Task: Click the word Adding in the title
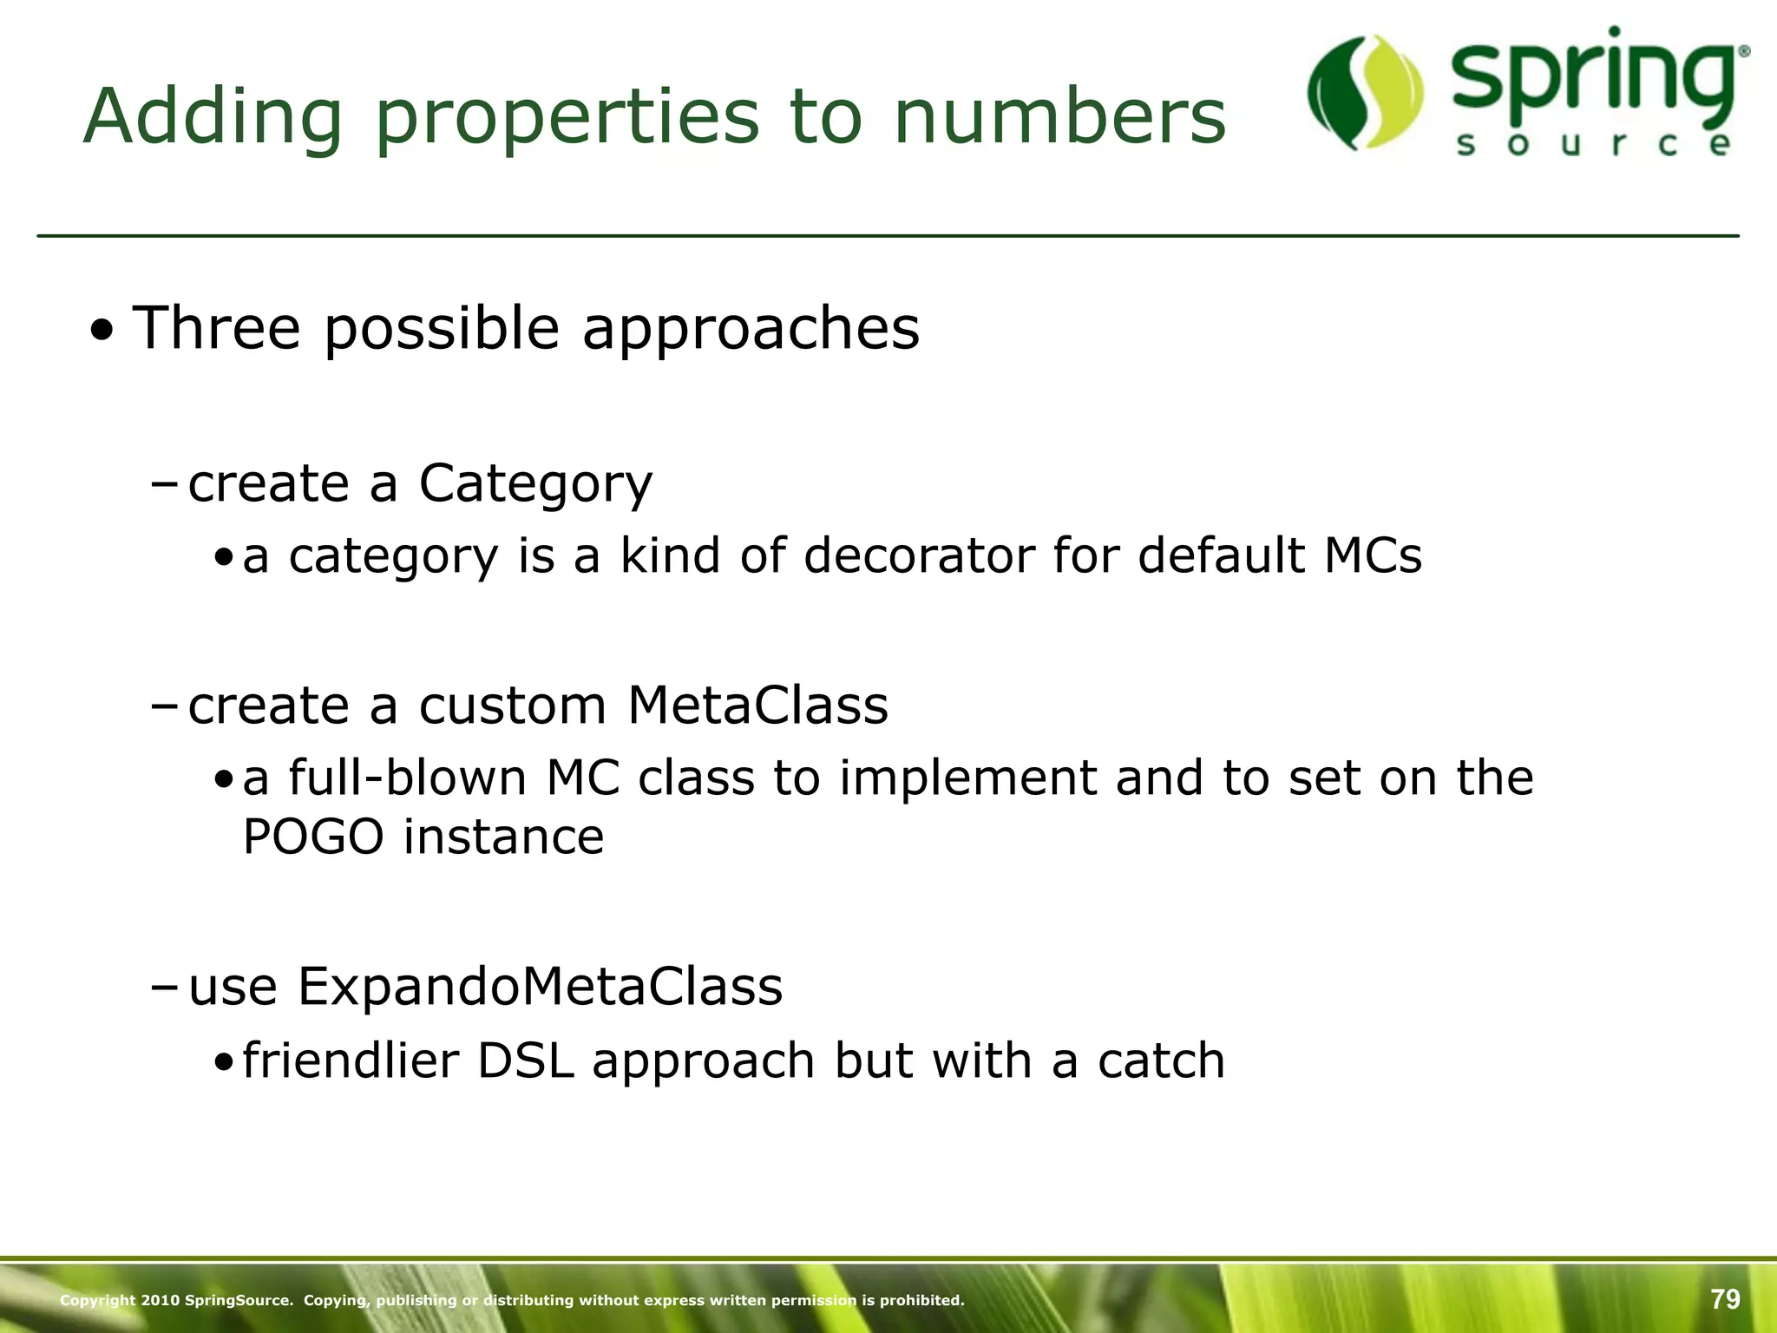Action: point(213,117)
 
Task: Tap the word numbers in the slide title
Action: point(1059,117)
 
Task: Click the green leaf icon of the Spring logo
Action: point(1365,92)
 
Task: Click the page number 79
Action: point(1725,1299)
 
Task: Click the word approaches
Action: point(751,330)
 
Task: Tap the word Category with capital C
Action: point(534,483)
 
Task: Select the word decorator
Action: point(919,555)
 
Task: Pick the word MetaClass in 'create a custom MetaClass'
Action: point(757,705)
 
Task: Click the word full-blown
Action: point(407,778)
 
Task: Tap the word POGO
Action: point(313,837)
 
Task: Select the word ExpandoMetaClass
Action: point(540,987)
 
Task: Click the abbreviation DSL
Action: point(526,1061)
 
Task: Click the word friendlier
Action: point(351,1061)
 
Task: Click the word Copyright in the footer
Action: point(97,1300)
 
